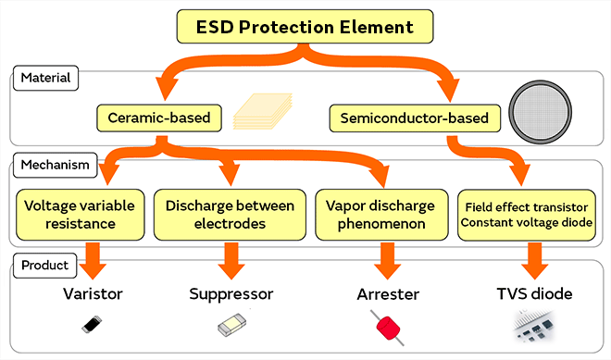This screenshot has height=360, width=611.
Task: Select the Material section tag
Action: click(44, 79)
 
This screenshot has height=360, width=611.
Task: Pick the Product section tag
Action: click(44, 266)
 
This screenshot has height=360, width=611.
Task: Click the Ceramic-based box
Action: click(160, 118)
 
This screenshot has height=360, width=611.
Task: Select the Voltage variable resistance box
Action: click(79, 213)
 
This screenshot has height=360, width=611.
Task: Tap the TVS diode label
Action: click(533, 293)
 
